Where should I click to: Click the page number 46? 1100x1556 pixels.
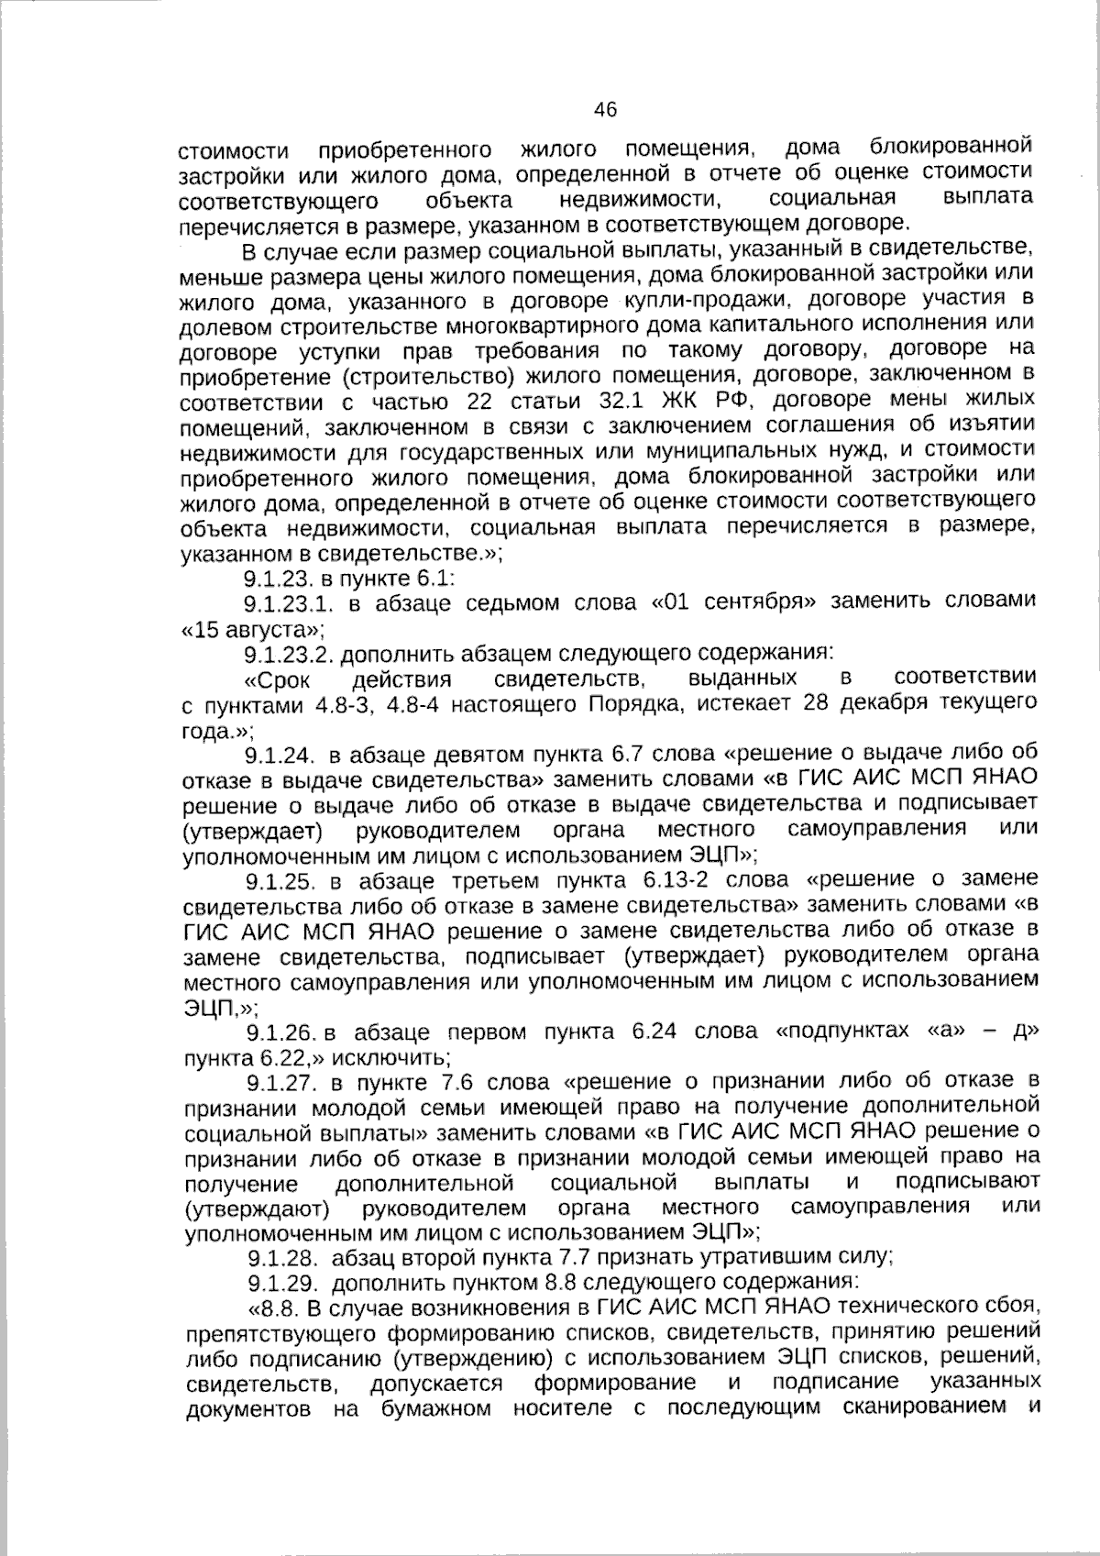click(x=606, y=111)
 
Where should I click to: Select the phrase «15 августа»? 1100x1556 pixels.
click(x=252, y=630)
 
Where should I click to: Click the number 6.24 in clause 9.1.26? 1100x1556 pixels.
click(x=654, y=1032)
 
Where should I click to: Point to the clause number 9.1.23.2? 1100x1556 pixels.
click(x=291, y=655)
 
